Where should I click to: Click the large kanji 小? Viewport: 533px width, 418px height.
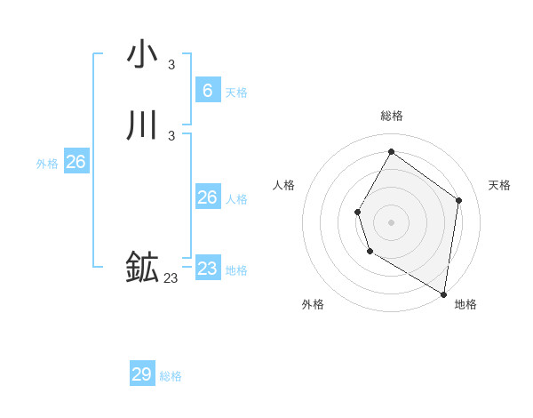point(142,55)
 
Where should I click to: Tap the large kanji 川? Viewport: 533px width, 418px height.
point(142,125)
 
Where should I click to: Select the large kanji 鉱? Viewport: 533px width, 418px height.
point(142,268)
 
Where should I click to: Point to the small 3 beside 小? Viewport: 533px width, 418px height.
point(171,64)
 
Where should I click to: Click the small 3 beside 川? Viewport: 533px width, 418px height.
point(171,135)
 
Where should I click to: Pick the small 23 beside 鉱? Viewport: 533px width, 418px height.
point(171,278)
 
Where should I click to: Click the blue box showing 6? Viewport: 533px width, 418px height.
point(207,90)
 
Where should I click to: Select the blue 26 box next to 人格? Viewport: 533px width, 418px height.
point(207,197)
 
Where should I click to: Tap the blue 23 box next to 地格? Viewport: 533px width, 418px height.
point(207,268)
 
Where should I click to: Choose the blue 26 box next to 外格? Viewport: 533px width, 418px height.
point(76,162)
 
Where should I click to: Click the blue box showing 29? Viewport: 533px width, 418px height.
point(142,374)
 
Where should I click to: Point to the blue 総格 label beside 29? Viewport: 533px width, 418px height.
point(171,376)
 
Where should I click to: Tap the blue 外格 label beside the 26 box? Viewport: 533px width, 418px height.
point(47,164)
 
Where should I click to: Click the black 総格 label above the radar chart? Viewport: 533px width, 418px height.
point(392,116)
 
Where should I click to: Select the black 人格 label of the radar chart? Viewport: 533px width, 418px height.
point(284,185)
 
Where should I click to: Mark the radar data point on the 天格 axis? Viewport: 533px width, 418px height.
point(458,200)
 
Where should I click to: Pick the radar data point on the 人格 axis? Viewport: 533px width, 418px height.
point(357,212)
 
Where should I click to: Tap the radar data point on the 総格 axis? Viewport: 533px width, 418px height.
point(391,151)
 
